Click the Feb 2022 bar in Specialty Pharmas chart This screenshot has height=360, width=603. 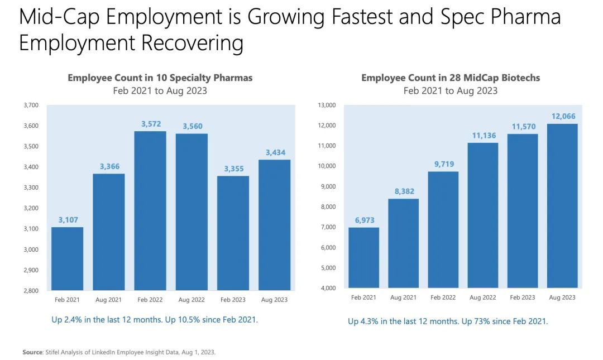[x=150, y=211]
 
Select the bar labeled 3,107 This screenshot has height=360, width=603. [x=68, y=258]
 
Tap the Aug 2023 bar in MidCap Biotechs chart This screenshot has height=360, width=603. [x=562, y=206]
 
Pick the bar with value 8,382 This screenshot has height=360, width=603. [x=403, y=243]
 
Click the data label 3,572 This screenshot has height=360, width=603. [x=151, y=124]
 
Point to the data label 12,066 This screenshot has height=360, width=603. [x=562, y=116]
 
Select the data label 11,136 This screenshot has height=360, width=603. [x=483, y=136]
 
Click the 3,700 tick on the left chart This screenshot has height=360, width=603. [x=31, y=105]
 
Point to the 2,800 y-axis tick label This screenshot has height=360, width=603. [x=31, y=291]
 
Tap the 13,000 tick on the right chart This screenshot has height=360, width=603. [x=327, y=105]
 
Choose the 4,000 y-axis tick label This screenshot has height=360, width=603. [x=328, y=288]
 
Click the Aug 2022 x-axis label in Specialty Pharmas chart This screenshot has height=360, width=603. [x=192, y=300]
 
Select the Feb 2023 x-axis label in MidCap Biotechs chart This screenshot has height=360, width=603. [x=523, y=297]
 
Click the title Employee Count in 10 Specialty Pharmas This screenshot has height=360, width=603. [x=160, y=78]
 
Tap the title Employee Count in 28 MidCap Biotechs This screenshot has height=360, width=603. [x=451, y=78]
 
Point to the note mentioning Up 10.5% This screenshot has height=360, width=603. [x=154, y=320]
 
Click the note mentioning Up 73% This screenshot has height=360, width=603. [x=448, y=321]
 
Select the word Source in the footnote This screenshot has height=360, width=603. [x=31, y=352]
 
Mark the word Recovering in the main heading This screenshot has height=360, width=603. [x=188, y=43]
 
